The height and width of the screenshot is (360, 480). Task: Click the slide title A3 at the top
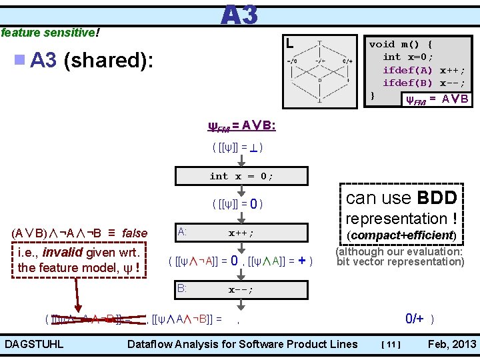point(239,15)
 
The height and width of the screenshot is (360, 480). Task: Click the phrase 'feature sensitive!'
point(51,32)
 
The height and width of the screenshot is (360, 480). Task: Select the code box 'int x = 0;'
point(241,176)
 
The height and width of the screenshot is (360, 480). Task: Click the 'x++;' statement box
point(241,233)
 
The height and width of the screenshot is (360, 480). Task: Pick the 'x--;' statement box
point(241,290)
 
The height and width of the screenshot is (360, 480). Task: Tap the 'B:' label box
point(182,289)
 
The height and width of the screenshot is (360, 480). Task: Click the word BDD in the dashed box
point(437,198)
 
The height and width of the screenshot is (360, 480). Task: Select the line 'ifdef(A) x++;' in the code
point(423,70)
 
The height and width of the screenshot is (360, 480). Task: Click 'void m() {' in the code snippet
point(401,44)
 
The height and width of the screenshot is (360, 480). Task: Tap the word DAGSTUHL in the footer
point(35,344)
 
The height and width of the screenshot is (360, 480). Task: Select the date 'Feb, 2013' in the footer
point(452,344)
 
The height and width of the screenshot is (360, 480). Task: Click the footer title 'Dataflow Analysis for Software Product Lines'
point(242,344)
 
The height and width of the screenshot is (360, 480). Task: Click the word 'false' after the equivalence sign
point(135,233)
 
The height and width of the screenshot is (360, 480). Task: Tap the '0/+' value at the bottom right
point(415,319)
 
